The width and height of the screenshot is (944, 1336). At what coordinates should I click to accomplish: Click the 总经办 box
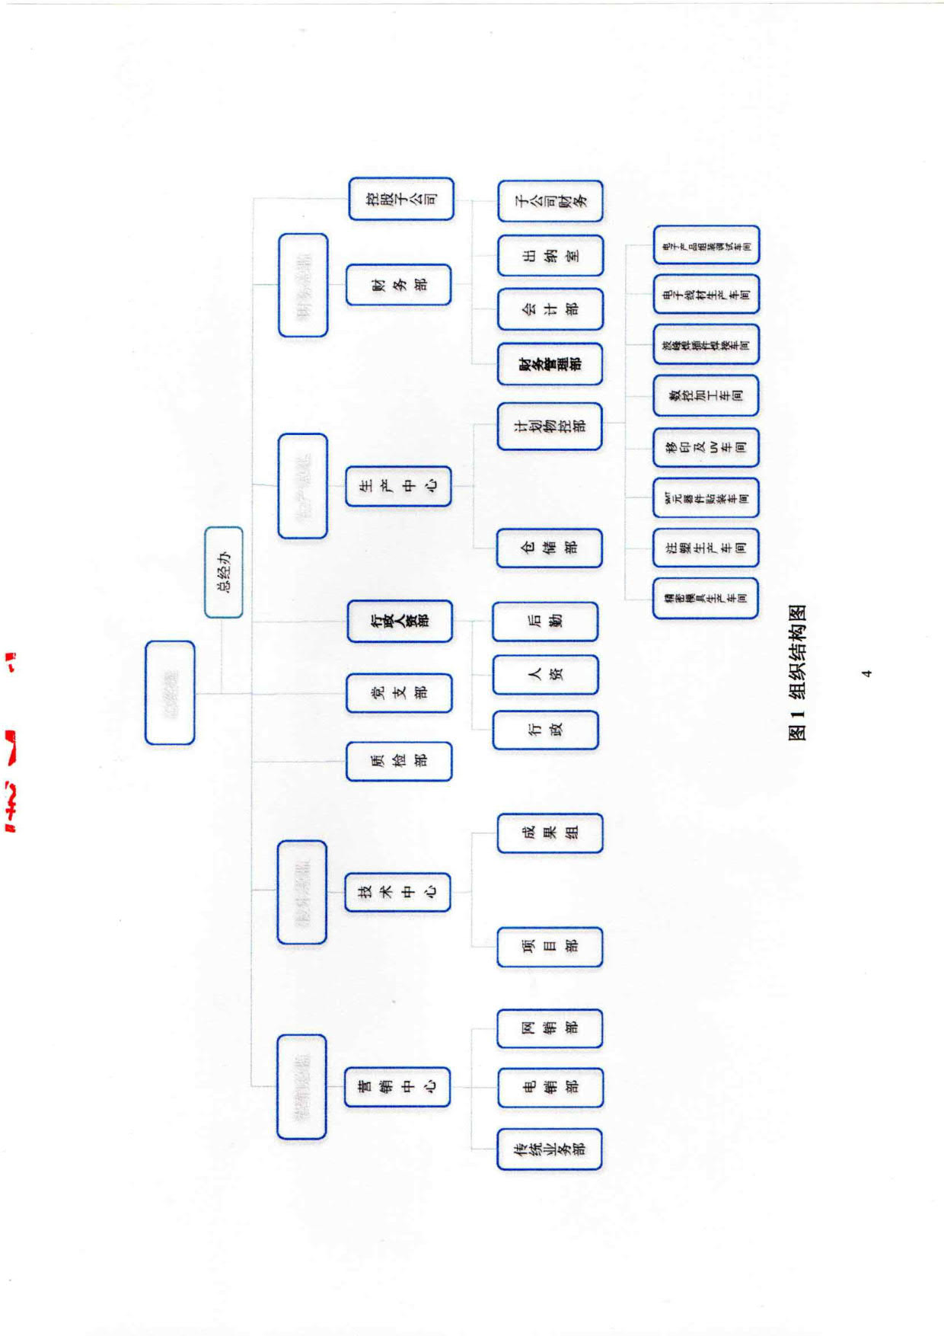[224, 572]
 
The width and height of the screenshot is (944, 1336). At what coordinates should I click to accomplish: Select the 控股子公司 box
[401, 200]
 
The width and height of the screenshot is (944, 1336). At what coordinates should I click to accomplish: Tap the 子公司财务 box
[550, 201]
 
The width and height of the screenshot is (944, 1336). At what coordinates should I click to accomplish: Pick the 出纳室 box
[550, 256]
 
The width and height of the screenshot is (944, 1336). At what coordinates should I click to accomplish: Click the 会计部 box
[550, 309]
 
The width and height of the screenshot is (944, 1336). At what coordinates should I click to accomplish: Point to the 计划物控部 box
[550, 427]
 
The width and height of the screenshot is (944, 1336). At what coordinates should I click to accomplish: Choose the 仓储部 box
[550, 548]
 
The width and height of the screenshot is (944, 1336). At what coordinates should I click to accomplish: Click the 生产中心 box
[399, 487]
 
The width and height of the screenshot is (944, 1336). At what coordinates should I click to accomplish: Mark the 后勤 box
[545, 622]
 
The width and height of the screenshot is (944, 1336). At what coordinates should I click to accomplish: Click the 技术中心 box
[398, 892]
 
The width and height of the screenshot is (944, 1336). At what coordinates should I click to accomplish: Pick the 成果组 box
[550, 833]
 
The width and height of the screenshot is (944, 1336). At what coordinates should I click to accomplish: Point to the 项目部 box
[550, 948]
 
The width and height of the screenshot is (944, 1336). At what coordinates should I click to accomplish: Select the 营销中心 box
[397, 1087]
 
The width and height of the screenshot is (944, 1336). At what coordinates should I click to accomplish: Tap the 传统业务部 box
[550, 1149]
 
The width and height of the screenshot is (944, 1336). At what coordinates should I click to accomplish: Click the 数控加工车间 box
[706, 396]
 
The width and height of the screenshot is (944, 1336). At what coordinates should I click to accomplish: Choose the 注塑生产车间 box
[706, 548]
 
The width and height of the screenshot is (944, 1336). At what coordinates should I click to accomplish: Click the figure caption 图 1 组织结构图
[797, 673]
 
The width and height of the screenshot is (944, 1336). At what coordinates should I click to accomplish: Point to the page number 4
[866, 673]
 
